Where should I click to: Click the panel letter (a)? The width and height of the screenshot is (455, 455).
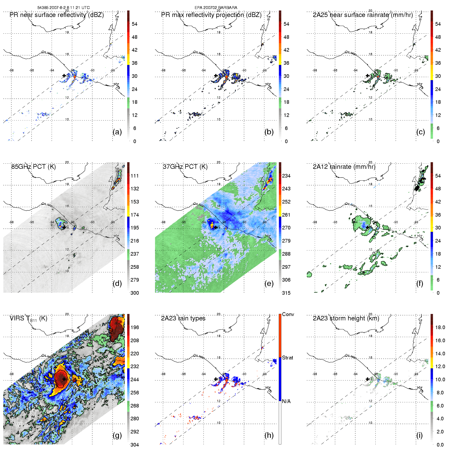point(117,132)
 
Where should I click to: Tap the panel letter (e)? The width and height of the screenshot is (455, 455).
point(269,283)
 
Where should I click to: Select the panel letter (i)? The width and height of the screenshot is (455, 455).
point(420,435)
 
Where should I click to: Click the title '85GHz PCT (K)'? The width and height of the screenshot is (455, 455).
point(33,167)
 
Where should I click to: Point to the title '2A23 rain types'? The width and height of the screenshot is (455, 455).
point(183,318)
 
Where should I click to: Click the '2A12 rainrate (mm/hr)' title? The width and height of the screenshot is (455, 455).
point(344,167)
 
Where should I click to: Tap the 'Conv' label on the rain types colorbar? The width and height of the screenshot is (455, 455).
point(288,314)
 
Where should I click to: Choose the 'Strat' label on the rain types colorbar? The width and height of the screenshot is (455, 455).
point(287,358)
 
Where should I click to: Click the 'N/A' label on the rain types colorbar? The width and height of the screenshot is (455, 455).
point(286,401)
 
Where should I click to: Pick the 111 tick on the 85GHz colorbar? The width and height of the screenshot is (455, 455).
point(135,176)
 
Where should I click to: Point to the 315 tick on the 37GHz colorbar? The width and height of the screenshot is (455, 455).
point(286,293)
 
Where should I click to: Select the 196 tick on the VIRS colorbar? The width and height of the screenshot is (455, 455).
point(135,327)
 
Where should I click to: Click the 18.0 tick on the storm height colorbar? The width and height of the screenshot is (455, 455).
point(440,327)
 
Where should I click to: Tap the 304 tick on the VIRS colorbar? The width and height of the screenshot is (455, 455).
point(135,445)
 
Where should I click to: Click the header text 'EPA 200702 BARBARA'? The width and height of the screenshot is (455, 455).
point(216,8)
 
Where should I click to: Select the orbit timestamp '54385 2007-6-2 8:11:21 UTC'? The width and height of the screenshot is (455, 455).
point(63,8)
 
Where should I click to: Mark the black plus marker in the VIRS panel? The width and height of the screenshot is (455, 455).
point(64,379)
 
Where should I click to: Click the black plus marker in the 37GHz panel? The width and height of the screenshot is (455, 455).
point(216,227)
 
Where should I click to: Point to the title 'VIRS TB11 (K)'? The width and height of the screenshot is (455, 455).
point(28,319)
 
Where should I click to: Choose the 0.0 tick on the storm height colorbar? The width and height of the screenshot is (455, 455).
point(440,445)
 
